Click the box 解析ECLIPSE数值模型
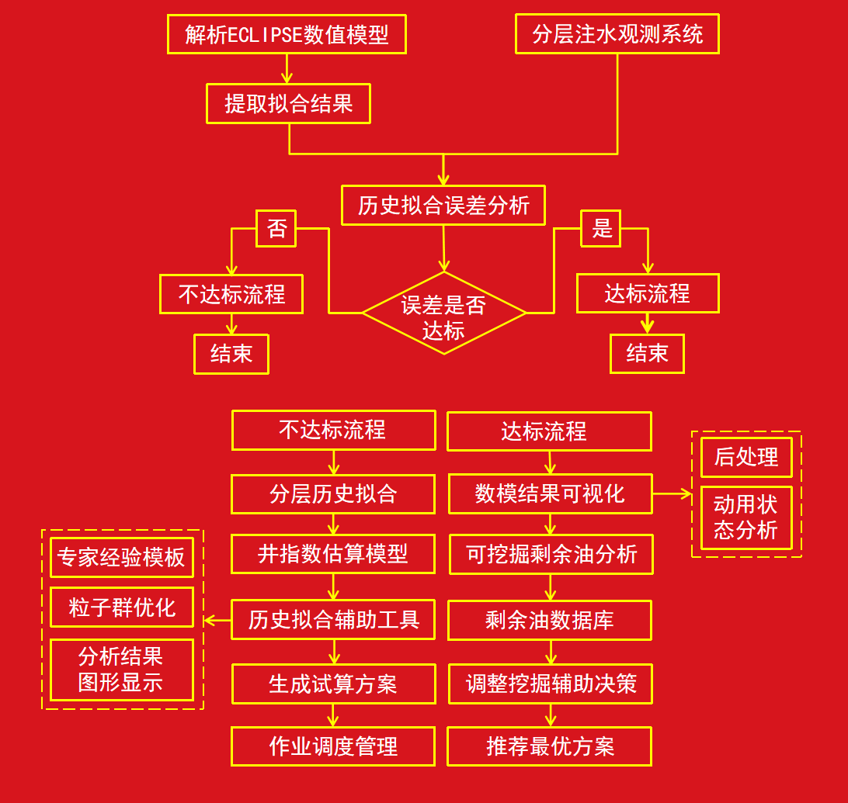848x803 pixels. (287, 35)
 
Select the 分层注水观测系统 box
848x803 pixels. (617, 35)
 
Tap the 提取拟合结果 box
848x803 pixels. (288, 104)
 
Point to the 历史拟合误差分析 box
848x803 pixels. (443, 206)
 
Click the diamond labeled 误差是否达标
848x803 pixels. (443, 313)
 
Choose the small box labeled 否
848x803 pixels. (276, 228)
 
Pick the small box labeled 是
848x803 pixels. (601, 228)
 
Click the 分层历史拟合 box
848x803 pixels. (333, 494)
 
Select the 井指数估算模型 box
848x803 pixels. (333, 554)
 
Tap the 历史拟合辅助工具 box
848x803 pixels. (333, 620)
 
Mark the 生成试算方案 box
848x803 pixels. (333, 684)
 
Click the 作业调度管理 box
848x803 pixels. (333, 746)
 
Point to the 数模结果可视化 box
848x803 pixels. (551, 494)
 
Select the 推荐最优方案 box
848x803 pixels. (550, 746)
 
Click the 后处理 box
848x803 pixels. (746, 458)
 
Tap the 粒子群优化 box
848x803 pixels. (122, 607)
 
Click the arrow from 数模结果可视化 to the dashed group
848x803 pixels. (672, 493)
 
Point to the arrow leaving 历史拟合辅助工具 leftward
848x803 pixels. (217, 621)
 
